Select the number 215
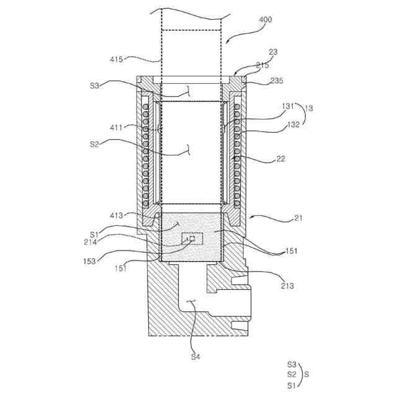(262, 65)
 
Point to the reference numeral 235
(276, 81)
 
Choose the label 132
(293, 124)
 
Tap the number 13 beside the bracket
(308, 108)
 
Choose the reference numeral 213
(287, 286)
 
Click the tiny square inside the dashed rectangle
(192, 238)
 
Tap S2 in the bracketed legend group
(292, 375)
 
